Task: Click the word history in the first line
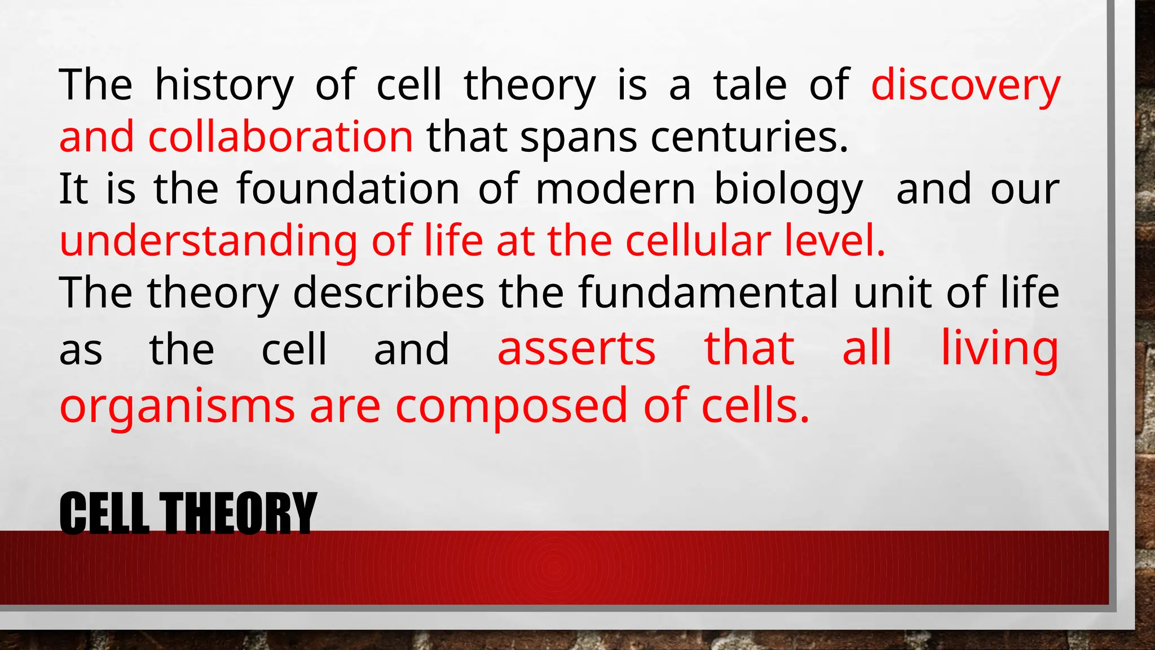click(224, 86)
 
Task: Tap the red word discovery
click(965, 86)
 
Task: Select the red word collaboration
click(280, 137)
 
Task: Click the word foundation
click(348, 189)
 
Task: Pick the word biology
click(788, 190)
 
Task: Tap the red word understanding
click(208, 241)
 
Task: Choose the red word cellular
click(698, 241)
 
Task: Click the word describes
click(389, 293)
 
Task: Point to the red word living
click(1000, 349)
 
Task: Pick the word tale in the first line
click(750, 86)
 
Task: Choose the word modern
click(615, 189)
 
